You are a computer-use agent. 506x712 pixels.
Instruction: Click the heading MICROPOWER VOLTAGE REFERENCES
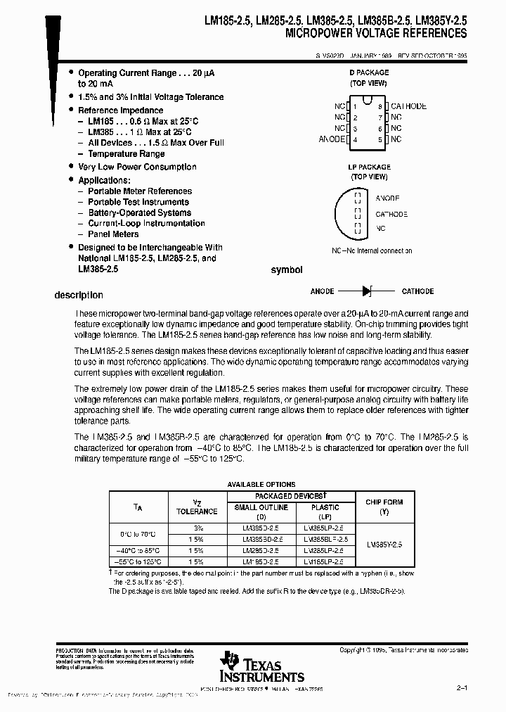click(376, 33)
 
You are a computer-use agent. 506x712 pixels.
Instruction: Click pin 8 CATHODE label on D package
click(408, 106)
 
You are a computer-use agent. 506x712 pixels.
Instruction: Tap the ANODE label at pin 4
click(332, 139)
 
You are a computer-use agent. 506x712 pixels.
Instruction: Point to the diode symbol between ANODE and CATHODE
click(366, 291)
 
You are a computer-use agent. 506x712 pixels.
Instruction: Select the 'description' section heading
click(79, 295)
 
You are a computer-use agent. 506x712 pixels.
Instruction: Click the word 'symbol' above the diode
click(287, 270)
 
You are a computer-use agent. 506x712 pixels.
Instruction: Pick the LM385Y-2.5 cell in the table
click(384, 544)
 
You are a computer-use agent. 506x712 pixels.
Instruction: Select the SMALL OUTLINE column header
click(261, 507)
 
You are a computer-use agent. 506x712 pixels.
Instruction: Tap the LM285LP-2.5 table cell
click(323, 550)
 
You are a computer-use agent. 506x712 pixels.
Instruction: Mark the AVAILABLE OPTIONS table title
click(261, 485)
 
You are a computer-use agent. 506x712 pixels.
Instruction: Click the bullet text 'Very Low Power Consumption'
click(137, 167)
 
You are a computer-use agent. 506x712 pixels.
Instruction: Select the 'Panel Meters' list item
click(113, 234)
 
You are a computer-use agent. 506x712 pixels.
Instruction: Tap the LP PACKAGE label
click(369, 167)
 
